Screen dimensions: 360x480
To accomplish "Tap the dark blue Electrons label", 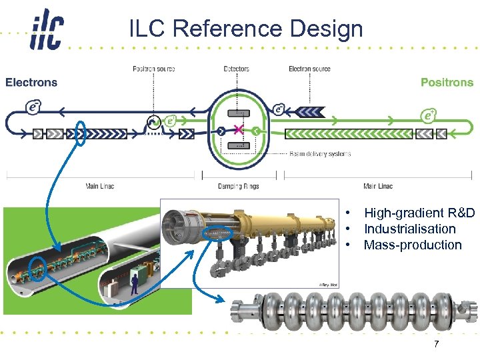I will click(x=31, y=83).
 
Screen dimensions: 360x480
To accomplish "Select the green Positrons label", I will click(x=447, y=83).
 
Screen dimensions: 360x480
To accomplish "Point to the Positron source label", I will click(x=153, y=69).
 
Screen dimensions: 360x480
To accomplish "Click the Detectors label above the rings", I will click(x=236, y=69).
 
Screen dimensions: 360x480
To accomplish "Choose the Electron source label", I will click(x=309, y=69).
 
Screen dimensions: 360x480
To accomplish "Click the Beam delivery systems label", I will click(x=320, y=154).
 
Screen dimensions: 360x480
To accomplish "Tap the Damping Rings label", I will click(x=238, y=186).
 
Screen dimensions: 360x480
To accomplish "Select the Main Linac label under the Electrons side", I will click(x=100, y=186).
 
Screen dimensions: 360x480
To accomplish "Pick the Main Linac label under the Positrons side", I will click(x=378, y=186).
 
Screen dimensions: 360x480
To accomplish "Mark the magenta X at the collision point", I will click(x=238, y=129).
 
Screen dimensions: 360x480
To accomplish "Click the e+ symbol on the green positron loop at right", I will click(x=429, y=115).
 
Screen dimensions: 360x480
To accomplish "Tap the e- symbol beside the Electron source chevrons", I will click(x=280, y=109).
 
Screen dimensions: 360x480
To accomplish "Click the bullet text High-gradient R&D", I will click(x=419, y=213).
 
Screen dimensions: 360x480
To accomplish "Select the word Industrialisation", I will click(x=409, y=229).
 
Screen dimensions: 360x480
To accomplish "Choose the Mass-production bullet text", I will click(x=412, y=245).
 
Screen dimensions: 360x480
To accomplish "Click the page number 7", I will click(x=436, y=344).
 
